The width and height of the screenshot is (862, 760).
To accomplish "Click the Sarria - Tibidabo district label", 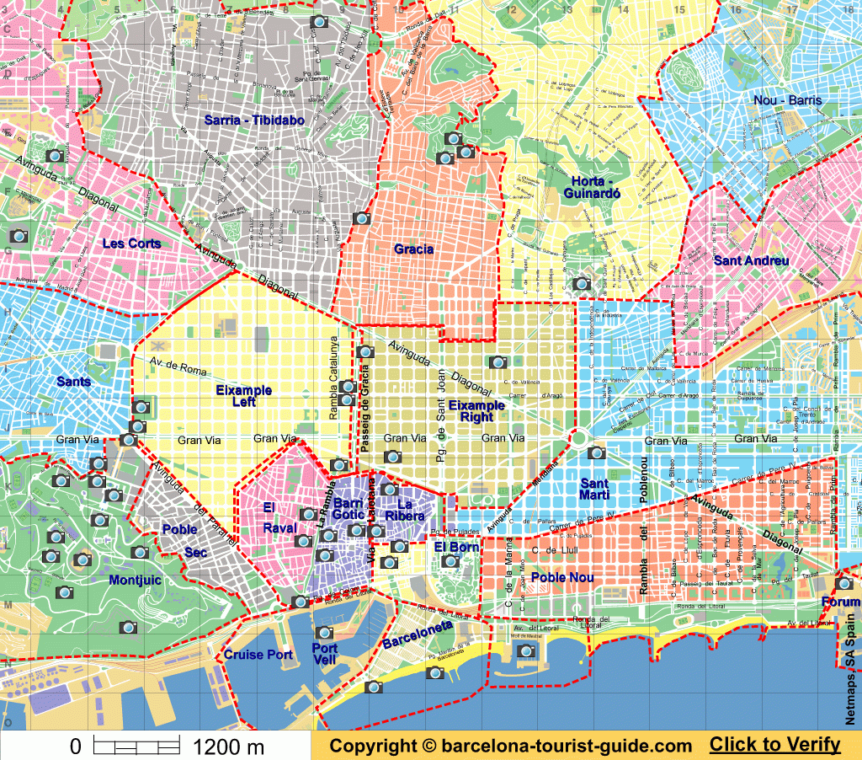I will pos(253,120).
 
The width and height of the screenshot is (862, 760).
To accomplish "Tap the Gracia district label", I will pos(413,249).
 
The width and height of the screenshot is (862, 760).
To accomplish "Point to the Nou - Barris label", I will pos(787,100).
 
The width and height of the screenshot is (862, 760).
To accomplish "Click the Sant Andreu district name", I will pos(751,260).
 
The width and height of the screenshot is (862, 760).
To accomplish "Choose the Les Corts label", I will pos(131,244).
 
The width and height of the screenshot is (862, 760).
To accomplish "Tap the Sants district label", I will pos(73,382).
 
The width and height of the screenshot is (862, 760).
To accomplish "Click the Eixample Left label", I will pos(243,396).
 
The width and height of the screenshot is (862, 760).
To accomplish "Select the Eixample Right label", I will pos(476,411).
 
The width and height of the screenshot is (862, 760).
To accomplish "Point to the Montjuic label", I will pos(136,580).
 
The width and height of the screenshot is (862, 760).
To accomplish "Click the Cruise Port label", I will pos(258,655).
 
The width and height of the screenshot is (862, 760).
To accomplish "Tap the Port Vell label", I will pos(324,655).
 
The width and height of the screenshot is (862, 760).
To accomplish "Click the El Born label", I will pos(456,547).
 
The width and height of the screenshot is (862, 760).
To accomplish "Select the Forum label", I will pos(841,602).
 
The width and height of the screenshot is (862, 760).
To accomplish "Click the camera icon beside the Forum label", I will pos(843,583).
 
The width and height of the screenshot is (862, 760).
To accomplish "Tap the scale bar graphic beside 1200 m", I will pos(136,746).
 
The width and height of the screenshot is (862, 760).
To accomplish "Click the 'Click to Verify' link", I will pos(774,745).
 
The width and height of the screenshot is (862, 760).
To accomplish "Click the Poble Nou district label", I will pos(562,577).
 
